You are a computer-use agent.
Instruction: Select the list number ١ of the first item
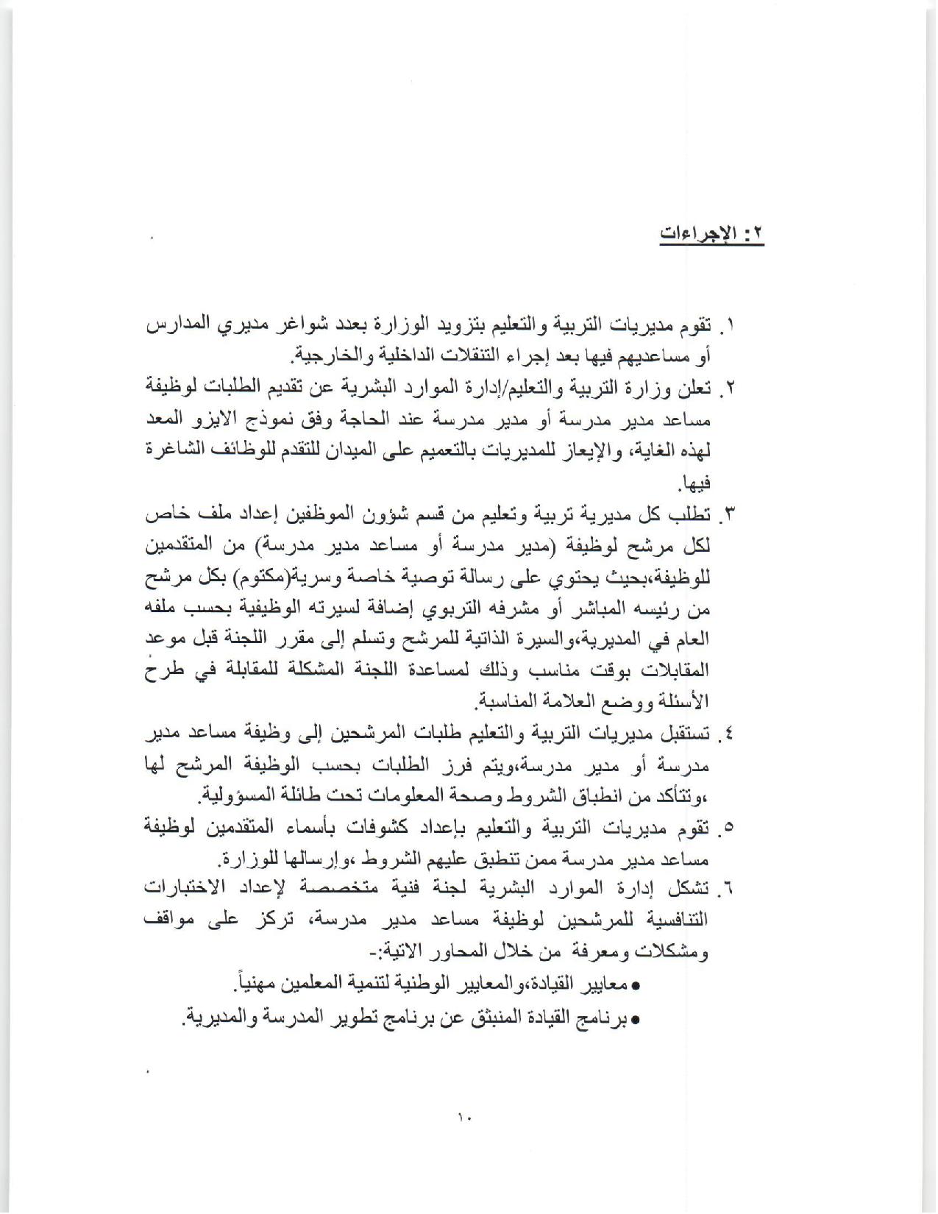click(731, 324)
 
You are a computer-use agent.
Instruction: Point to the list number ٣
click(731, 516)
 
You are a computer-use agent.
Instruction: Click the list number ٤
click(731, 735)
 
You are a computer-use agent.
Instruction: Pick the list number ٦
click(731, 890)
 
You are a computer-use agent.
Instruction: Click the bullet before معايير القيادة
click(636, 985)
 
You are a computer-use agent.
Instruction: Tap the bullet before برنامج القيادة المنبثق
click(636, 1020)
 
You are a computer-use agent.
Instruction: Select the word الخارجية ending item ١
click(318, 357)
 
